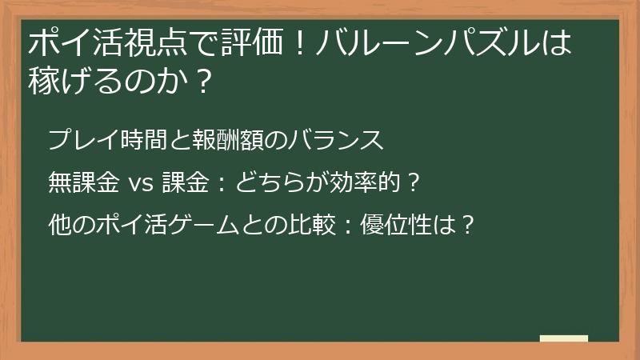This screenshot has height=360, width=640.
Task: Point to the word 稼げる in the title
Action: pos(70,80)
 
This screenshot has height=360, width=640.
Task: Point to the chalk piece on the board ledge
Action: pos(564,337)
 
